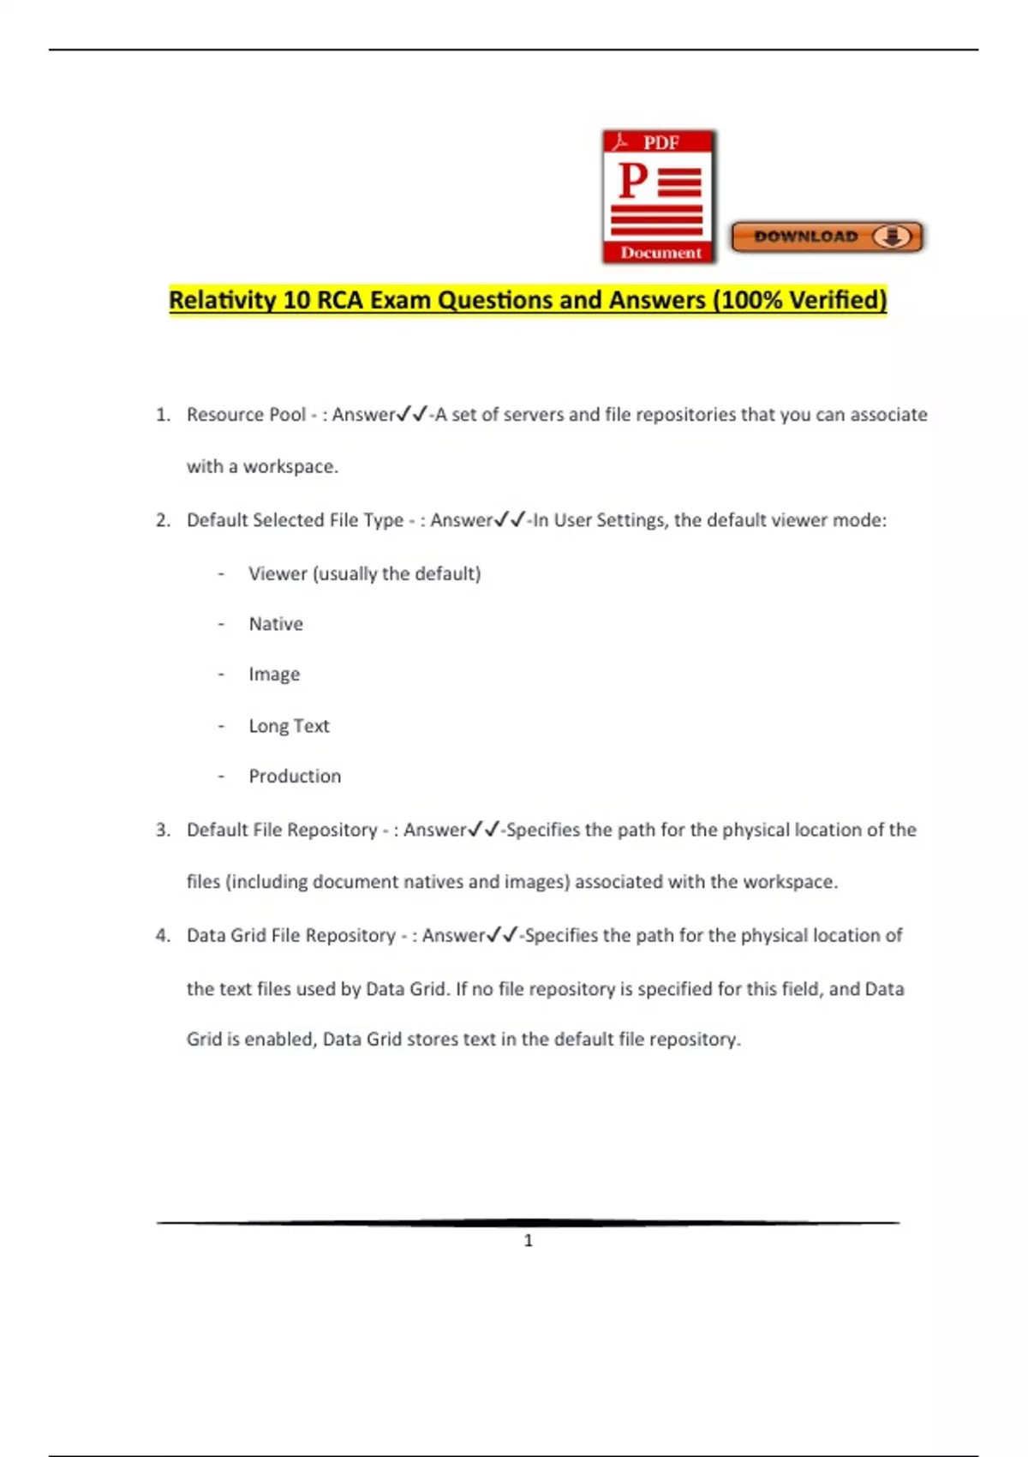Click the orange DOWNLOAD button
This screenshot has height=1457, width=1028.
pyautogui.click(x=827, y=237)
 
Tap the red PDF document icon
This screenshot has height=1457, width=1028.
pyautogui.click(x=658, y=196)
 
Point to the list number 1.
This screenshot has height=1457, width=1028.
pyautogui.click(x=163, y=415)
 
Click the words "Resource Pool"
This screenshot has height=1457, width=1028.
pyautogui.click(x=246, y=415)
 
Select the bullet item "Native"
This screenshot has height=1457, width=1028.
pyautogui.click(x=276, y=624)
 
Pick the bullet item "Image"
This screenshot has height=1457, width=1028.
pyautogui.click(x=274, y=675)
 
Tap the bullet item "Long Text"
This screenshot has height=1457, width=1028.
pyautogui.click(x=289, y=726)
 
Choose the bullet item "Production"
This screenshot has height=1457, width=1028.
pyautogui.click(x=295, y=776)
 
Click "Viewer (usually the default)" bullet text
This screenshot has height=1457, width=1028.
pyautogui.click(x=364, y=573)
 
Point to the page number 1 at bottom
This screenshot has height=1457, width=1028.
pyautogui.click(x=528, y=1240)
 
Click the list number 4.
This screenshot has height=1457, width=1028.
pyautogui.click(x=163, y=935)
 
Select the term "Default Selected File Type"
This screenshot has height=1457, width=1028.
pyautogui.click(x=295, y=520)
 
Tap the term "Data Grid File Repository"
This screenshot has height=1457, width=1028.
pyautogui.click(x=291, y=935)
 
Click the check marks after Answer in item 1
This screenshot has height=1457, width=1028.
pyautogui.click(x=412, y=415)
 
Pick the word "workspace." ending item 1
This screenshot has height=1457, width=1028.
pyautogui.click(x=291, y=467)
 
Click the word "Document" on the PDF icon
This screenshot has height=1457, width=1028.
pyautogui.click(x=660, y=253)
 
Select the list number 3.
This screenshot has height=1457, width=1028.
pyautogui.click(x=163, y=830)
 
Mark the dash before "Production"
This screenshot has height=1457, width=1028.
pyautogui.click(x=221, y=776)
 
